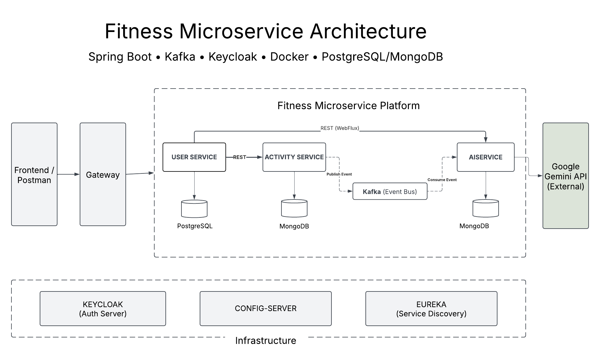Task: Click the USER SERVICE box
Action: pos(194,157)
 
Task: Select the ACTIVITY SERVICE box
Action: pos(294,157)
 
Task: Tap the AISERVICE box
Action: pos(485,157)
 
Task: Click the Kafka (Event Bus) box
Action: pos(390,191)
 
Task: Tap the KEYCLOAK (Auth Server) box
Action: pos(103,309)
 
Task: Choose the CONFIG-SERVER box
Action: pos(265,309)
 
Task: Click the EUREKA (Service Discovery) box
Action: pos(431,309)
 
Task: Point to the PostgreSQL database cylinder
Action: pos(194,209)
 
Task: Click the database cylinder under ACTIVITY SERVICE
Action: pos(294,209)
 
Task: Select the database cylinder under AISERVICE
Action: pos(485,209)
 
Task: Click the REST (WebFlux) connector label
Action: pos(340,128)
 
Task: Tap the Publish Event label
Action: pos(339,174)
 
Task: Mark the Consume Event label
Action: pos(442,180)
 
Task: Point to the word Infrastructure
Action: pos(265,341)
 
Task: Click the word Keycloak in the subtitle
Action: pos(233,57)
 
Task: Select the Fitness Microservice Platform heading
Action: pos(348,106)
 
